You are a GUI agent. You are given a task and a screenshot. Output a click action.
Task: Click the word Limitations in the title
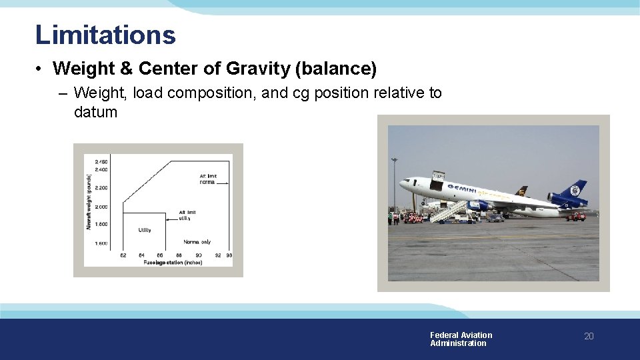[x=105, y=35]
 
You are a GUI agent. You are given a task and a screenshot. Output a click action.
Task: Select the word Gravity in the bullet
[x=258, y=69]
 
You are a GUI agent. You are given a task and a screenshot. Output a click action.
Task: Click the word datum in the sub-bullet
[x=95, y=112]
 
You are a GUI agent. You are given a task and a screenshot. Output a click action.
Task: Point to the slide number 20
[x=588, y=337]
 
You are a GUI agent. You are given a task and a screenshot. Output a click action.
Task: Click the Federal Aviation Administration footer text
[x=461, y=339]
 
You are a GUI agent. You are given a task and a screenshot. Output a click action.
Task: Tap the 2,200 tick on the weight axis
[x=101, y=188]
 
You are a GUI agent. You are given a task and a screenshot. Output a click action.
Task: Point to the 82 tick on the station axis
[x=123, y=255]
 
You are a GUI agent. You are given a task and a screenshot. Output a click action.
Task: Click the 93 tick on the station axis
[x=229, y=255]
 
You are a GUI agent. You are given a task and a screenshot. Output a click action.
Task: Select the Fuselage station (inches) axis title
[x=172, y=263]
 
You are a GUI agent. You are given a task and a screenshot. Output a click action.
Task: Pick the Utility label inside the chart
[x=145, y=230]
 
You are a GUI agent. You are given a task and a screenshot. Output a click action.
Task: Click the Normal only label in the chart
[x=197, y=241]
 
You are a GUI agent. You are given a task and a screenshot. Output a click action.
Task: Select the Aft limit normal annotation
[x=207, y=179]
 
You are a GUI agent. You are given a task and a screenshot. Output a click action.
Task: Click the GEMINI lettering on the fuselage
[x=461, y=189]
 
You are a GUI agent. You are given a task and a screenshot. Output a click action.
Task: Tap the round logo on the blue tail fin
[x=575, y=191]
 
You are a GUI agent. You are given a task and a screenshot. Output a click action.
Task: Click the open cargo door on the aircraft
[x=437, y=180]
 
